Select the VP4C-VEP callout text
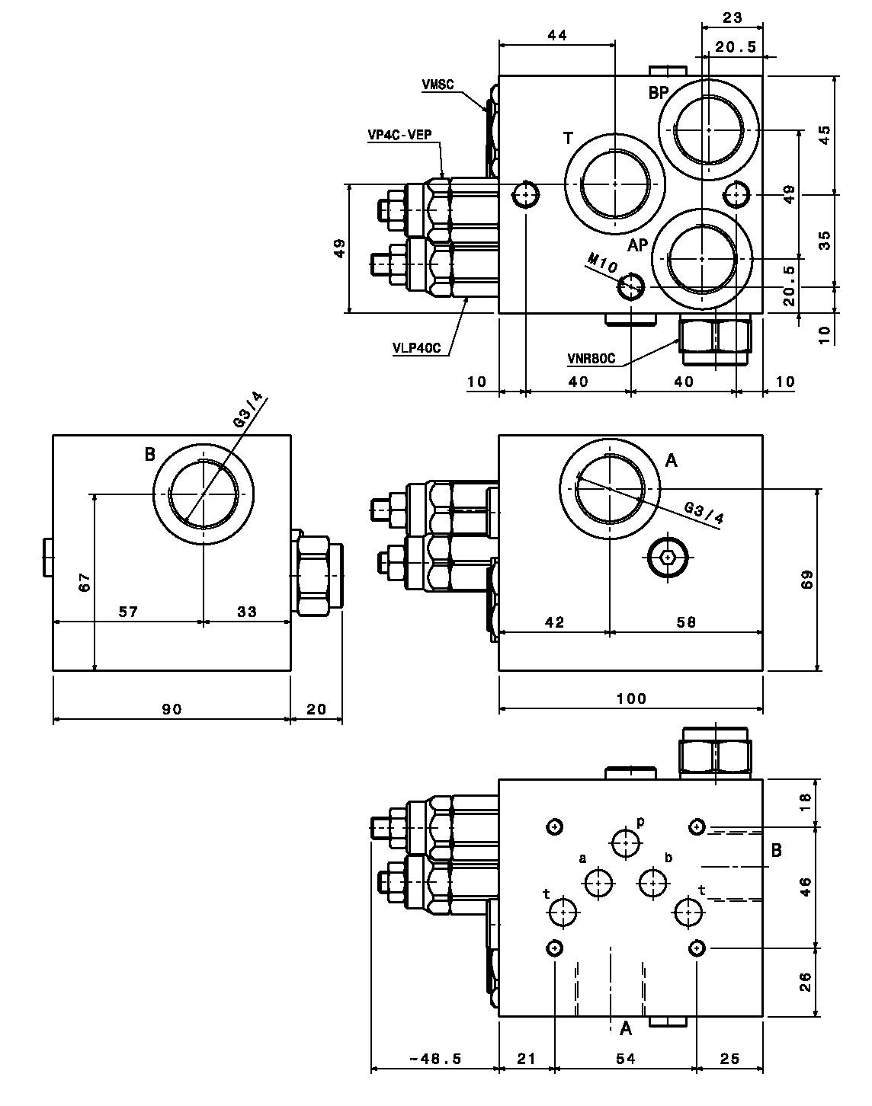399,135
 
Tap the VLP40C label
417,348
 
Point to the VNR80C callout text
591,359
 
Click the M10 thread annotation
602,264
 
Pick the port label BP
673,93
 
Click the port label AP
638,246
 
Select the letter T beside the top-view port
568,139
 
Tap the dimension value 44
557,35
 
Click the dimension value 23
733,18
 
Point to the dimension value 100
631,698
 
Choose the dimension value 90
172,709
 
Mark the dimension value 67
85,582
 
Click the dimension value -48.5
435,1055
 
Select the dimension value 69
807,579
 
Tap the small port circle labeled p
626,842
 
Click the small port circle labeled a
599,883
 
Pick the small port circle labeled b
652,883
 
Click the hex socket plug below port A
668,557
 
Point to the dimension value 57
129,612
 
